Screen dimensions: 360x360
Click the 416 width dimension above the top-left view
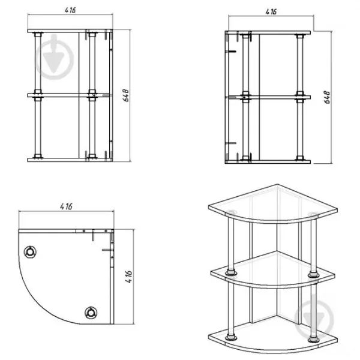70,10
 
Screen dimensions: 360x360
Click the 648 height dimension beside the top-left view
126,95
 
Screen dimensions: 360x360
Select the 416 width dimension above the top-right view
271,12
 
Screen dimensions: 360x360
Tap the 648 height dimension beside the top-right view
327,97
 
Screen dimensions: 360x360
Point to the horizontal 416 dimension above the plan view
66,206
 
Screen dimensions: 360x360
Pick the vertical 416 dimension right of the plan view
129,277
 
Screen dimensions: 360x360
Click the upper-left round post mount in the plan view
30,252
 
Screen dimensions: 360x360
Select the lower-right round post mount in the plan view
91,313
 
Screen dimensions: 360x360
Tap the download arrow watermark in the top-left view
55,57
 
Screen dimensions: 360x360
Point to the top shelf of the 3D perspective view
273,204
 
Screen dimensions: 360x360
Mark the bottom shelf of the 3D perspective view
273,337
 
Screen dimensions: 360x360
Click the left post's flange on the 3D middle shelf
231,273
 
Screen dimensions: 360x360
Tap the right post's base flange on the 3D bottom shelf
313,339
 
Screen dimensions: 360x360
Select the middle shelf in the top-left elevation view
68,95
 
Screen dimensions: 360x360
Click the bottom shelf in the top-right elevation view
268,162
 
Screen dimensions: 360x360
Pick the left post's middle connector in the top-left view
38,95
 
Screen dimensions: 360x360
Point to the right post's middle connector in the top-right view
299,97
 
